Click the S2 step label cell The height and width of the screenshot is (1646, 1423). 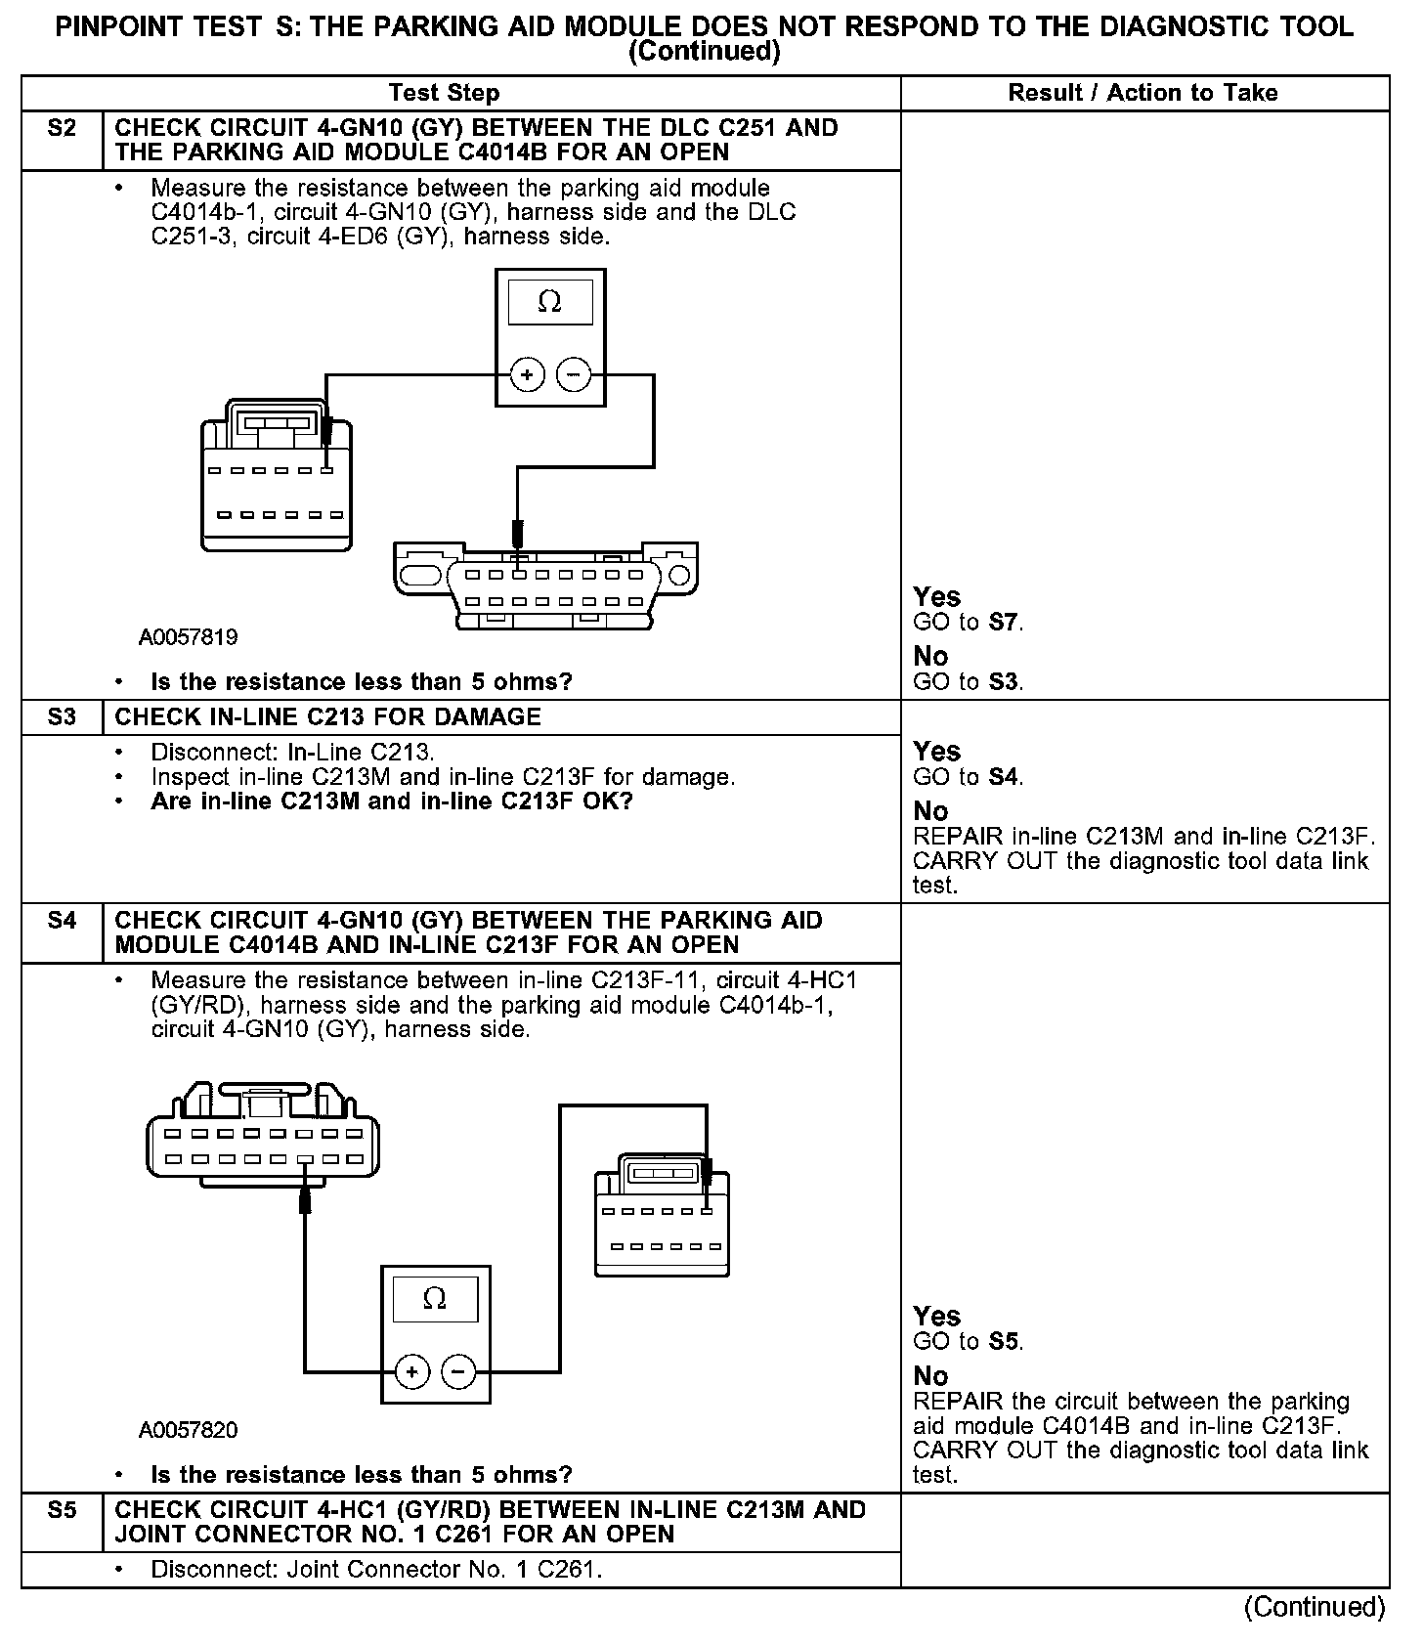click(x=62, y=129)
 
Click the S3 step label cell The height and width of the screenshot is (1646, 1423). click(x=62, y=717)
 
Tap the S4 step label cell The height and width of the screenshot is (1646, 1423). click(x=62, y=921)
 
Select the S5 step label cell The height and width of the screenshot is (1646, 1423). click(x=62, y=1510)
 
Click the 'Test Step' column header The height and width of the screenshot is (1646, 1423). click(x=444, y=94)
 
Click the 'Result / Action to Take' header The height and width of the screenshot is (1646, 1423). click(x=1143, y=94)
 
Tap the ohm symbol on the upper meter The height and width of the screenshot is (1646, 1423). click(x=550, y=303)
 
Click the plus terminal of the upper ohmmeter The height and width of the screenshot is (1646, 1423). click(x=528, y=375)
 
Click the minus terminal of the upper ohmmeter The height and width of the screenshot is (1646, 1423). click(x=574, y=375)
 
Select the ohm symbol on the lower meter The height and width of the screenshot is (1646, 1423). click(x=435, y=1299)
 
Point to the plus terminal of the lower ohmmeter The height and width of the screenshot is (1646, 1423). click(x=412, y=1372)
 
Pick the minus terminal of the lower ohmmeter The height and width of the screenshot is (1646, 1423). click(x=458, y=1372)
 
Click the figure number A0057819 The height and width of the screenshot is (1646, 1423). click(x=189, y=638)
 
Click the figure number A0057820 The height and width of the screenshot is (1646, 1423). click(x=189, y=1431)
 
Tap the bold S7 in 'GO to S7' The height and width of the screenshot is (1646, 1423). click(x=1005, y=623)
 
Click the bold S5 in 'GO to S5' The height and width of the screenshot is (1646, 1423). click(x=1005, y=1342)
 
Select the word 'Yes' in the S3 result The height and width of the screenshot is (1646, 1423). click(x=936, y=752)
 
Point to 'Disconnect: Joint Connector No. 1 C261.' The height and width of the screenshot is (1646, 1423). click(x=376, y=1571)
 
